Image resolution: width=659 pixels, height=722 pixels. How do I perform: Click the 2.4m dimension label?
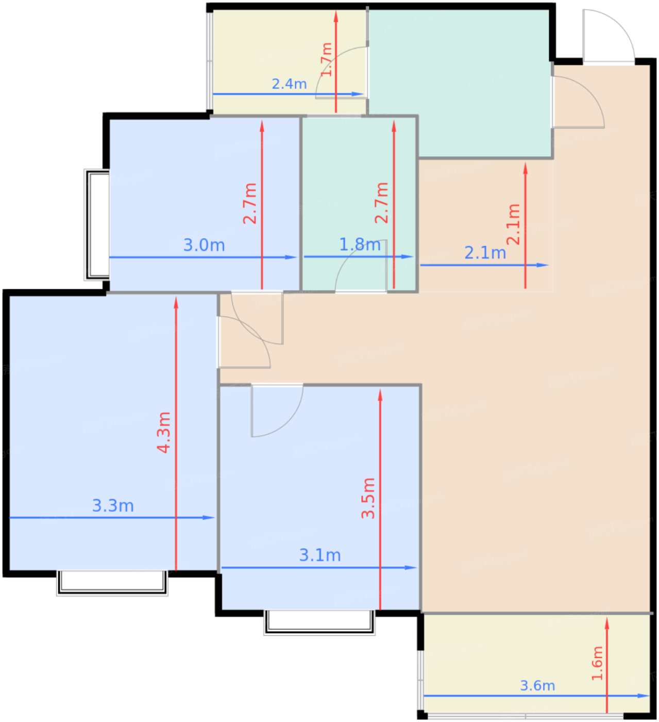[289, 84]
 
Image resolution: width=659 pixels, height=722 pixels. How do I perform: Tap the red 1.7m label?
[326, 59]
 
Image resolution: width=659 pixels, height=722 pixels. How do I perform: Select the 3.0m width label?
[204, 245]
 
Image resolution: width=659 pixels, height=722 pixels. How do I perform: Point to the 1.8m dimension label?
[360, 245]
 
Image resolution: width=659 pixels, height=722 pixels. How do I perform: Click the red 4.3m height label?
[164, 432]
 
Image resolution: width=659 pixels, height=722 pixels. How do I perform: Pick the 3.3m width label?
[113, 506]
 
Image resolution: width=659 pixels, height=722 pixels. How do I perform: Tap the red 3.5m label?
[368, 498]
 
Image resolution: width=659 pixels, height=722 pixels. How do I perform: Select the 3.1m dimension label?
[320, 555]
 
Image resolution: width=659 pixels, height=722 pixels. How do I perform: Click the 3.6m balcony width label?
[537, 685]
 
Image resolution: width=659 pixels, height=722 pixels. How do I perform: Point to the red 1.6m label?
[597, 663]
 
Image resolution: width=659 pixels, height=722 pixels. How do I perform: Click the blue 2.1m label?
[485, 253]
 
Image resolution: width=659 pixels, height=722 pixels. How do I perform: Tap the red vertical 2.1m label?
[513, 224]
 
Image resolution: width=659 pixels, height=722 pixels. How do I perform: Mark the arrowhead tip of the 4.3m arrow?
[176, 296]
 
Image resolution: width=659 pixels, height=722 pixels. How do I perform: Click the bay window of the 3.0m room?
[97, 224]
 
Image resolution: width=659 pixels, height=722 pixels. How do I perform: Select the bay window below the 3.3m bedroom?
[112, 583]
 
